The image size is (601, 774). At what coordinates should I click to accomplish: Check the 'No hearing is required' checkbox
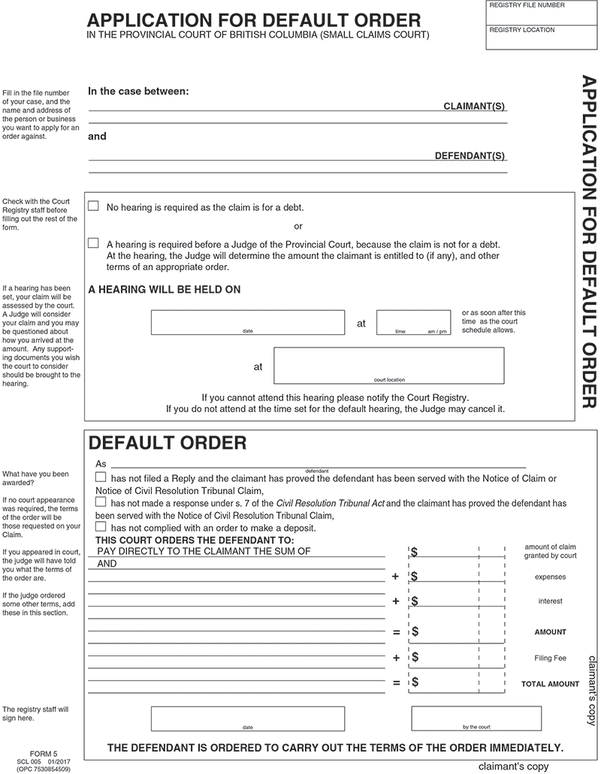tap(94, 206)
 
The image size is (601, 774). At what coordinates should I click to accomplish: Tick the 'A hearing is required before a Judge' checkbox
tap(94, 243)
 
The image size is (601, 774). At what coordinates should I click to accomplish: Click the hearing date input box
tap(248, 321)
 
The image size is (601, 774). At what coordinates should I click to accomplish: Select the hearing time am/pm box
tap(414, 321)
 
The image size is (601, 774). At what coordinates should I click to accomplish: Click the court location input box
tap(388, 365)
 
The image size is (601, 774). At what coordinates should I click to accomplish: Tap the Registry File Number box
tap(542, 14)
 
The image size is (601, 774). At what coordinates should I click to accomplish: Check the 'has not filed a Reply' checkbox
tap(101, 477)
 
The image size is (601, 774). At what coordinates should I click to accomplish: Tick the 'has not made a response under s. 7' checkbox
tap(101, 501)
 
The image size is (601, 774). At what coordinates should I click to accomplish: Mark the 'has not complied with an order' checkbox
tap(101, 527)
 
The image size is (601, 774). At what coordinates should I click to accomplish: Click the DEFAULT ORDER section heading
tap(168, 443)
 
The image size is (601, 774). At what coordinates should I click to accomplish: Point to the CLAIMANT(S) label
tap(475, 108)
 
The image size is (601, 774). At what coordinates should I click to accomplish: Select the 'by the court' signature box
tap(477, 718)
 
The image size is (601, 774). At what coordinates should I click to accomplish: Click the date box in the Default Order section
tap(248, 718)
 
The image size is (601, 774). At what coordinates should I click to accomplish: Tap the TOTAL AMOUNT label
tap(551, 684)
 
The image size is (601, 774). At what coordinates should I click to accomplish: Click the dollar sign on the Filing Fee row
tap(415, 658)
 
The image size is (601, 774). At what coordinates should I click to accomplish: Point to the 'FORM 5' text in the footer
tap(44, 753)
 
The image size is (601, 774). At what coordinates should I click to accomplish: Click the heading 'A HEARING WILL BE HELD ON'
tap(165, 289)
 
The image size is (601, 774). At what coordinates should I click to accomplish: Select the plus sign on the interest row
tap(395, 601)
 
